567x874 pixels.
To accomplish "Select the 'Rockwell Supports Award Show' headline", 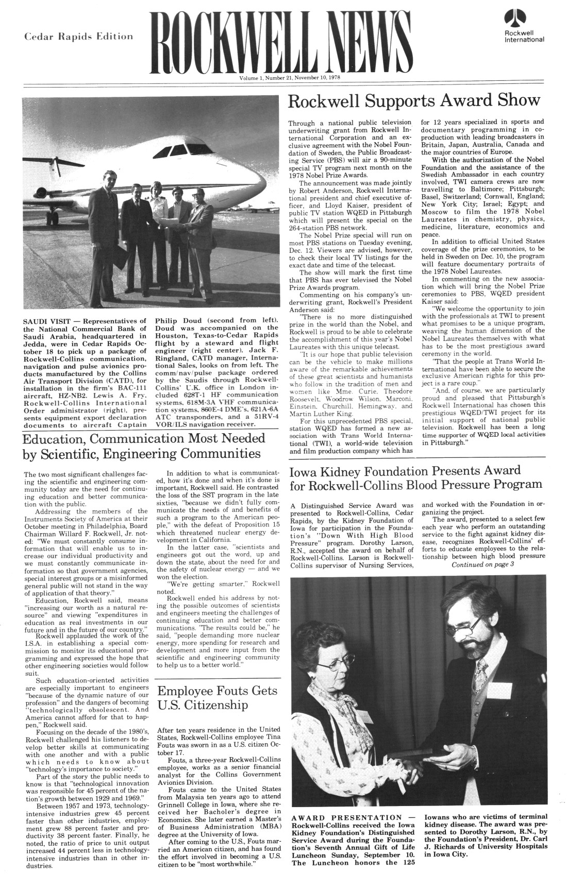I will pos(413,100).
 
